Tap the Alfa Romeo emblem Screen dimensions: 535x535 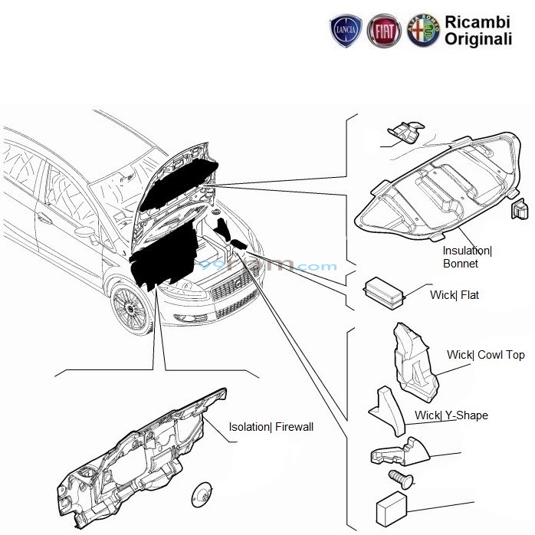422,33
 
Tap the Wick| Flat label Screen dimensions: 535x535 454,294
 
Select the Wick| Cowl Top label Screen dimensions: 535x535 486,355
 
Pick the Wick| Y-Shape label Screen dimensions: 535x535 451,415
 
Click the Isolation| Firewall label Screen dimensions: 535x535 271,427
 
